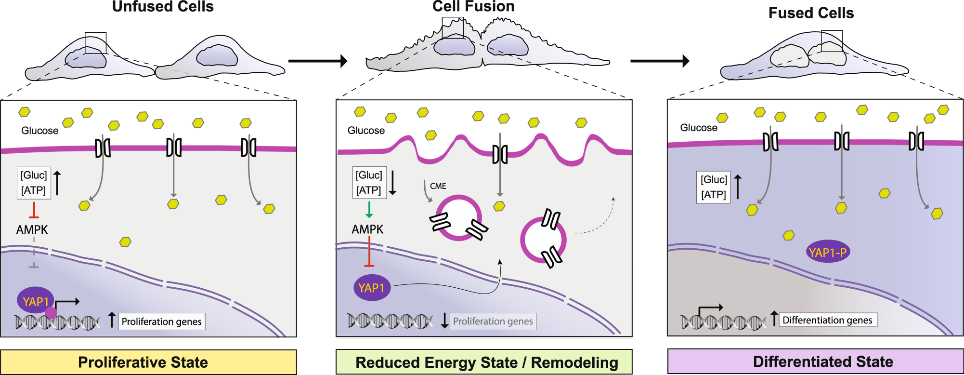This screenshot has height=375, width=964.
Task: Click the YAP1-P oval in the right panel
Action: pos(827,252)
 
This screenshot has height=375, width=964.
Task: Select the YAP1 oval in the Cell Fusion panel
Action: pos(371,288)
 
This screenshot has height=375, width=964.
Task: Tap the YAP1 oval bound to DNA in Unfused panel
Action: pos(36,301)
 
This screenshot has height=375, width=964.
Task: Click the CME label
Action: pos(438,186)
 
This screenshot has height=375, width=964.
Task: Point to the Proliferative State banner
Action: pos(148,362)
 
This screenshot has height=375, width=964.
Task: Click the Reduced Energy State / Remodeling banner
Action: pos(484,362)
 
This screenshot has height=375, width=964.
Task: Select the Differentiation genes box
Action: pos(828,320)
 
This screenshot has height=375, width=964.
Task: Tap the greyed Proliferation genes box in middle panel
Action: pos(493,321)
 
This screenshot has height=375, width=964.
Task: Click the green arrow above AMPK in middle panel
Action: pos(369,210)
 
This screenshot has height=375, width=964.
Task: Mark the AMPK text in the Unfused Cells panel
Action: pos(32,230)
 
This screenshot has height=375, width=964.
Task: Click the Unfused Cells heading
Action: pos(163,7)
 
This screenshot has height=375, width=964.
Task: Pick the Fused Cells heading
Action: pos(811,13)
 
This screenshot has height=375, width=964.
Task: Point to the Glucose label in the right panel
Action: pos(698,128)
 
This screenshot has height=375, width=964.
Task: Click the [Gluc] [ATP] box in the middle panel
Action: pos(369,183)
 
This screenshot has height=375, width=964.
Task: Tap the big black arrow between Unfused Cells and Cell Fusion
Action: pos(318,61)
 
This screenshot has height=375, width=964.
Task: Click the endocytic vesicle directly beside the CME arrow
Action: pos(458,218)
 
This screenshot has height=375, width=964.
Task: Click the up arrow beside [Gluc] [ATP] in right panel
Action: pos(738,187)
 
